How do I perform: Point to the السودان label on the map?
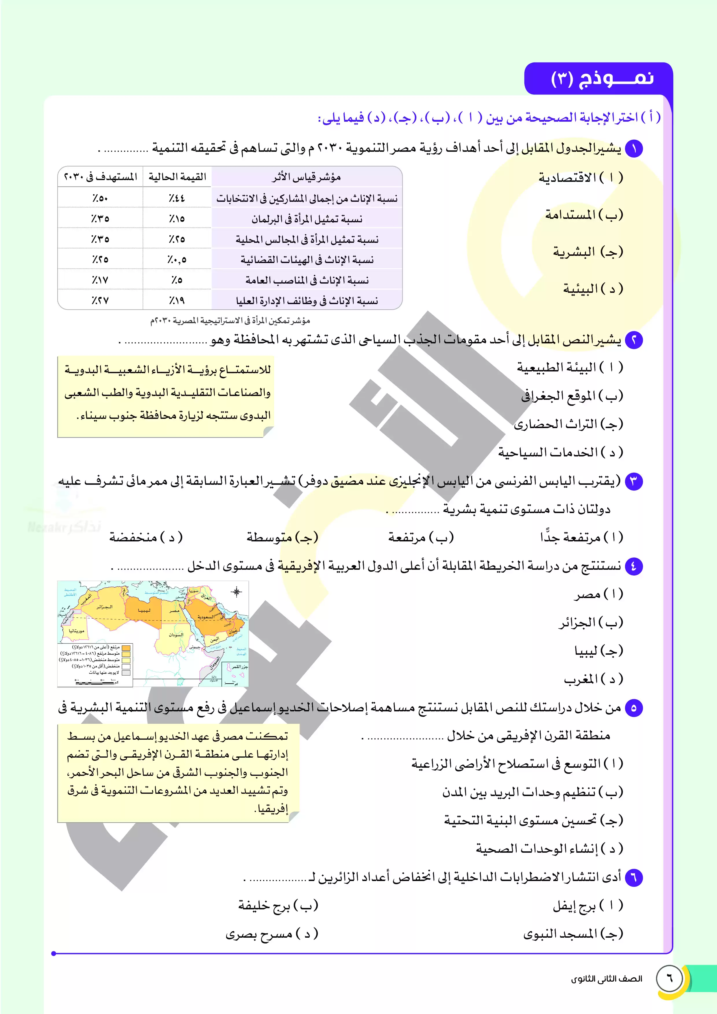pos(175,635)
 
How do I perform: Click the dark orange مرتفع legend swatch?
pos(126,648)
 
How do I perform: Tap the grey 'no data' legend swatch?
pos(126,673)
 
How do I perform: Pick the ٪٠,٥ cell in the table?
pos(177,260)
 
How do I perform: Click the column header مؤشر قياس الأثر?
pos(306,177)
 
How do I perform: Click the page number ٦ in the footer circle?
pos(669,978)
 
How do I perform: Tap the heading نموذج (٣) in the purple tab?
pos(602,79)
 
